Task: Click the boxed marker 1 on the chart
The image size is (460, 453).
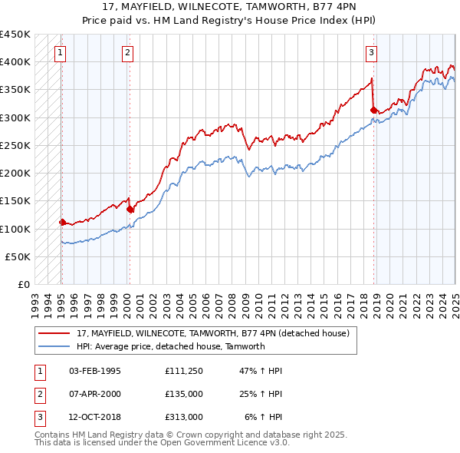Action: click(x=61, y=53)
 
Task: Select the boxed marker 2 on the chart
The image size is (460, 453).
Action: click(x=127, y=53)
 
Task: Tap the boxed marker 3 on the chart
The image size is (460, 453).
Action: click(x=371, y=53)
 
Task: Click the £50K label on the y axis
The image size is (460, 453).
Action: click(x=18, y=256)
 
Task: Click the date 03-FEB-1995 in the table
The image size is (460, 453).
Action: click(x=94, y=371)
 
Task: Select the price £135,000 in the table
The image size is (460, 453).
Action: click(x=183, y=394)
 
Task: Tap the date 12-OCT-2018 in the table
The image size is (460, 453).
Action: click(x=94, y=417)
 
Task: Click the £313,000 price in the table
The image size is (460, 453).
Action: click(x=183, y=417)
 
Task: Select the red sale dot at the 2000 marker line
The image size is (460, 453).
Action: click(x=130, y=209)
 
